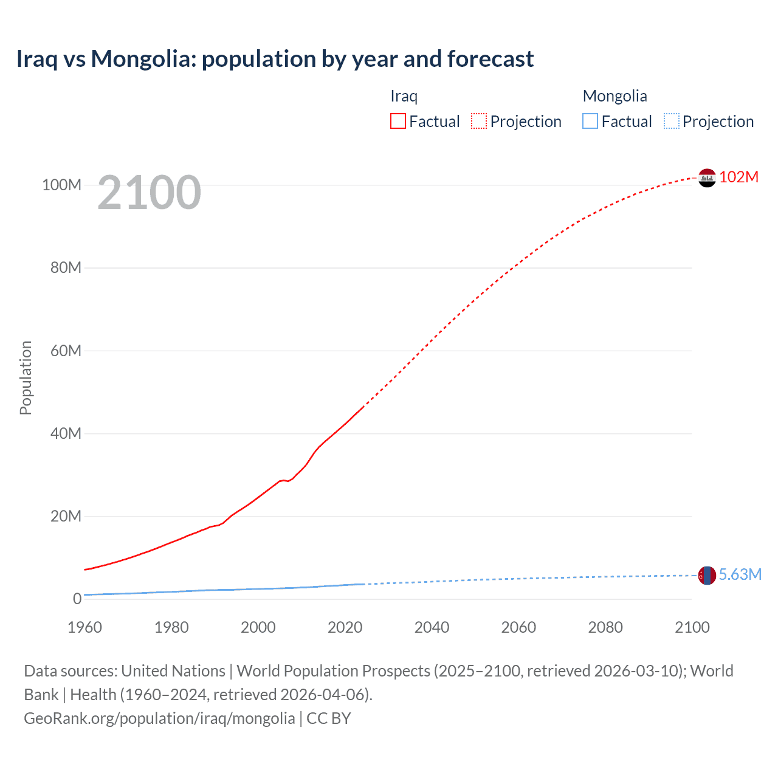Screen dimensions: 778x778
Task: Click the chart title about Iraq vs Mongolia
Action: [275, 59]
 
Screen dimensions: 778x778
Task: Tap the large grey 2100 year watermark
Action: [149, 193]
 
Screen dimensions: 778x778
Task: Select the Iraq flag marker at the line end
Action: [707, 177]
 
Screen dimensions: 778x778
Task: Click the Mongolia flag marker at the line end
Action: [707, 575]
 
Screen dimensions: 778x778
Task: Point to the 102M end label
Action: [738, 177]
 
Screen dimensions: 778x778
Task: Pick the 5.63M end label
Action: [740, 574]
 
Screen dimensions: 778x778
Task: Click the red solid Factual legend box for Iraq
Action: [398, 122]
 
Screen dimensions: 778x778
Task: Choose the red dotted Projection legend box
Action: [479, 122]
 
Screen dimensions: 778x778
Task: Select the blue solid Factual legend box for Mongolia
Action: [590, 122]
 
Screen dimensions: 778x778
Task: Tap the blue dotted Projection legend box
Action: [671, 122]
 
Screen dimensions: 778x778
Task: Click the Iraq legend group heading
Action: [404, 96]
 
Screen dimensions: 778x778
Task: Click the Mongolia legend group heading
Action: [614, 96]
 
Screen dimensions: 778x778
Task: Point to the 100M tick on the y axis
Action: [61, 185]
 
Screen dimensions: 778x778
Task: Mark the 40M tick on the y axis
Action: [66, 433]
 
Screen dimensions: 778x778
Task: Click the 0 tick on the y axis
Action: [77, 599]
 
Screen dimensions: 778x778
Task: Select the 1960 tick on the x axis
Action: [84, 627]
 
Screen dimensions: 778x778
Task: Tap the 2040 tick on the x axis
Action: [432, 627]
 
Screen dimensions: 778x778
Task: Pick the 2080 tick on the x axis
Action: [605, 627]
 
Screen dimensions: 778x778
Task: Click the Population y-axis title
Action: [26, 377]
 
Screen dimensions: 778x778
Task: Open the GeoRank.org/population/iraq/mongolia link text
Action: [159, 718]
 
